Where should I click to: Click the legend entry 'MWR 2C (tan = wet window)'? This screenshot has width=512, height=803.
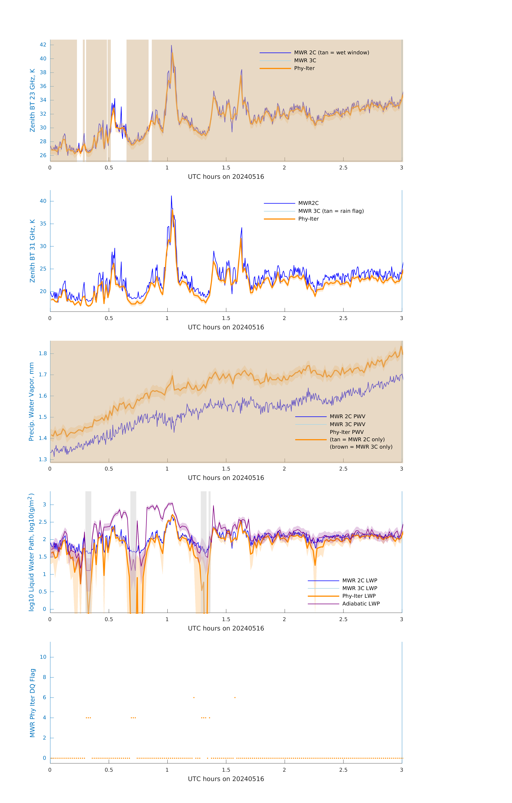coord(332,53)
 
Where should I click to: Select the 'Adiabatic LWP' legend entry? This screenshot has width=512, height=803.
coord(361,604)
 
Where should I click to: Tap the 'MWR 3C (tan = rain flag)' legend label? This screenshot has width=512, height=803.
coord(331,211)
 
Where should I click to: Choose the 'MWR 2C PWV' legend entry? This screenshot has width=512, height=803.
coord(348,416)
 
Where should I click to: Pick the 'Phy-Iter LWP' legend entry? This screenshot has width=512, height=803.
coord(359,596)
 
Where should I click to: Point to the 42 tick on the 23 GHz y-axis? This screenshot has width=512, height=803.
coord(43,45)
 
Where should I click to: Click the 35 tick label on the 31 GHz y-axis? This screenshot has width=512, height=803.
coord(43,224)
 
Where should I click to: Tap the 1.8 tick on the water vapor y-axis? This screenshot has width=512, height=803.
coord(43,353)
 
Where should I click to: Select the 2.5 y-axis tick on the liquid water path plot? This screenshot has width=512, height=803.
coord(43,522)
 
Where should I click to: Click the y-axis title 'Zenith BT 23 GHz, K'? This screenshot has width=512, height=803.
coord(32,100)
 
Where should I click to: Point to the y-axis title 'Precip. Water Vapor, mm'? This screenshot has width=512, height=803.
coord(31,402)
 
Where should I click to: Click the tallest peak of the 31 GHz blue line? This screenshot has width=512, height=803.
coord(171,196)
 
